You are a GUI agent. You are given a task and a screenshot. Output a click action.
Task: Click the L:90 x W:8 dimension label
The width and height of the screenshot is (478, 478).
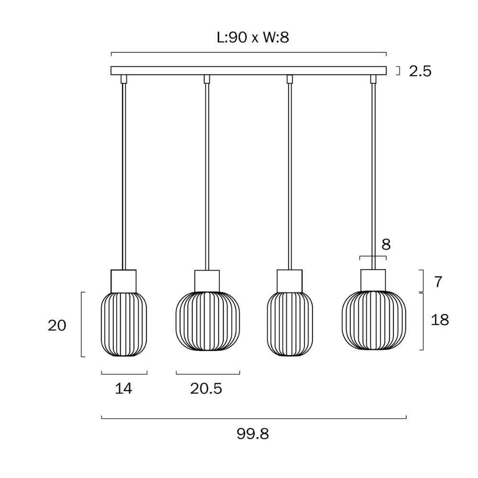click(x=253, y=37)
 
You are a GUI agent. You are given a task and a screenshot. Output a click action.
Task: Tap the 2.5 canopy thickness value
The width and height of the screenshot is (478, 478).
click(x=420, y=71)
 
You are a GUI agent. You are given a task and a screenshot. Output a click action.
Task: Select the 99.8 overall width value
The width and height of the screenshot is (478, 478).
click(x=253, y=434)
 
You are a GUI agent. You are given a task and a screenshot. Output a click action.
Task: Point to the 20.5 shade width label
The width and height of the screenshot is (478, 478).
click(x=206, y=388)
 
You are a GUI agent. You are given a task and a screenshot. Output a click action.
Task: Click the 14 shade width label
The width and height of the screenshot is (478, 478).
click(x=123, y=388)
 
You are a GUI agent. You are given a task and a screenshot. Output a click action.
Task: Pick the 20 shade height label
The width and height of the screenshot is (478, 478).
click(x=57, y=326)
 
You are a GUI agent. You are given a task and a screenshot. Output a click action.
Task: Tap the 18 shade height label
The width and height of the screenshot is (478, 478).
click(x=440, y=320)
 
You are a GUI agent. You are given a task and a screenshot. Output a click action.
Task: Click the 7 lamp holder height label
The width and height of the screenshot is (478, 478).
click(x=438, y=282)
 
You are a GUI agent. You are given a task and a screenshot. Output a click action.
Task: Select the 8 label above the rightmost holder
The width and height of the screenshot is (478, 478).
click(x=386, y=244)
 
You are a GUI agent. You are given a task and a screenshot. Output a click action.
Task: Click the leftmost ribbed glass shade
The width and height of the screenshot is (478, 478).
click(x=124, y=324)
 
